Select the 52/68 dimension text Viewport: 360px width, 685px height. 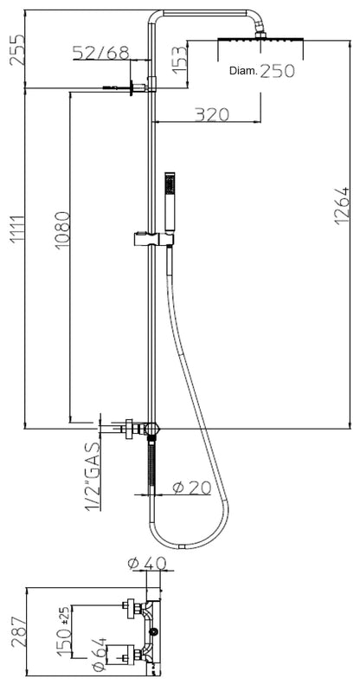(100, 54)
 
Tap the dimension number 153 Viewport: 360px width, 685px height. (181, 61)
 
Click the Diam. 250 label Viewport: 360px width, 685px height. (260, 74)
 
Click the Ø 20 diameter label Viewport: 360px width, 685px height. (190, 487)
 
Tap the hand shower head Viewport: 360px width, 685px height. (168, 194)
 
